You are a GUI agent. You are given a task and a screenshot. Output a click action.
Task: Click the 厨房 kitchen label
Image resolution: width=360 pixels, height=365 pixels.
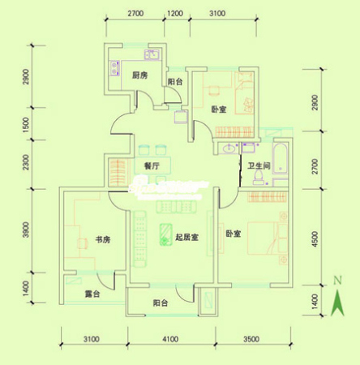pyautogui.click(x=139, y=75)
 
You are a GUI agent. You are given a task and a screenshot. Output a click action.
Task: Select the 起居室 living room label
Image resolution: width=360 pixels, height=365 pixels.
pyautogui.click(x=186, y=237)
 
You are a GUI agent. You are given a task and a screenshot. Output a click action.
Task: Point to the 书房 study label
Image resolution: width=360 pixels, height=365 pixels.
pyautogui.click(x=101, y=239)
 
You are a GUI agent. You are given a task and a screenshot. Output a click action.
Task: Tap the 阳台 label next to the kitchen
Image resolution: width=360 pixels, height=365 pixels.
pyautogui.click(x=174, y=82)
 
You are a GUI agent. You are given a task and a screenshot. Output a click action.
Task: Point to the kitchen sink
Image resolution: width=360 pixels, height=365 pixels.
pyautogui.click(x=149, y=56)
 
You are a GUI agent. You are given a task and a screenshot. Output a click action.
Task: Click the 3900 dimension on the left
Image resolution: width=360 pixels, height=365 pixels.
pyautogui.click(x=27, y=231)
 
